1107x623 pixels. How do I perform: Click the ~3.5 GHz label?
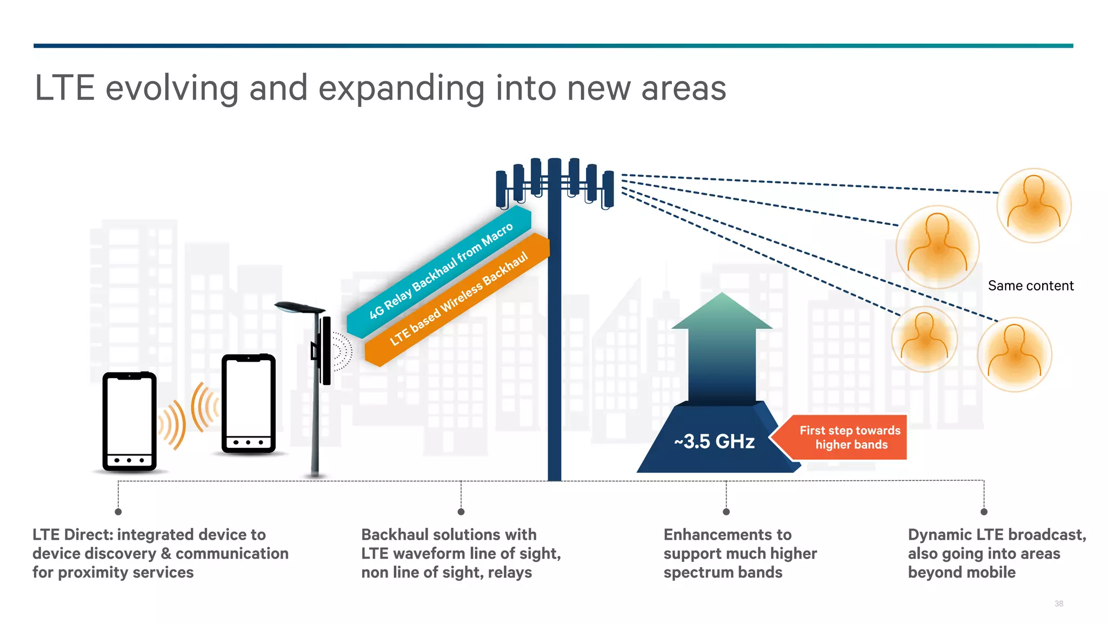click(714, 441)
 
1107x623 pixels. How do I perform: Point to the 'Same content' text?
click(1030, 286)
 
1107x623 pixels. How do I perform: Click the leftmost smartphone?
click(129, 421)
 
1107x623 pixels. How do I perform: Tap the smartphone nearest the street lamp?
click(249, 403)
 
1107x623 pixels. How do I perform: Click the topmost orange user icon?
click(1033, 205)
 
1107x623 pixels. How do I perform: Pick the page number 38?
click(1058, 604)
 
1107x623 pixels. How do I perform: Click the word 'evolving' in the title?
click(172, 88)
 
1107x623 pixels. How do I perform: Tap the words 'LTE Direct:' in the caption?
click(72, 534)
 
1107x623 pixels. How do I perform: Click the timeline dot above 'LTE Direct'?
click(118, 512)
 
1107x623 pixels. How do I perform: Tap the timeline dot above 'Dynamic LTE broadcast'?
click(984, 512)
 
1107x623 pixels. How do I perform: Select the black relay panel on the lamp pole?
click(326, 350)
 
